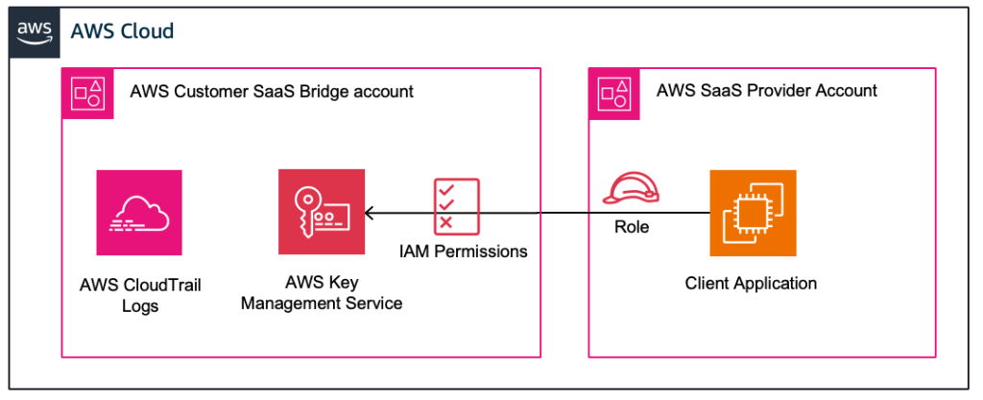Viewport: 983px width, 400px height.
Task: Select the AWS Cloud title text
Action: tap(122, 31)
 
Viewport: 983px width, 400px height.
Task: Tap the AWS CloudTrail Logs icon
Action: tap(139, 212)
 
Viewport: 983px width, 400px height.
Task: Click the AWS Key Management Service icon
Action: tap(322, 212)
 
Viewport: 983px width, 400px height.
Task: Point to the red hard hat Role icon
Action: tap(631, 192)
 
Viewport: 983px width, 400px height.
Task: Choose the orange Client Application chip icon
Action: tap(753, 213)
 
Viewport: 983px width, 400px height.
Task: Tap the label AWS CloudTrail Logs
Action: tap(139, 295)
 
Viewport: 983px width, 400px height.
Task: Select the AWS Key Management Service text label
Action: tap(322, 293)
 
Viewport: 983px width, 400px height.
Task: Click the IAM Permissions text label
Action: tap(464, 251)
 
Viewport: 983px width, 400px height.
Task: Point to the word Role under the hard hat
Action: tap(631, 227)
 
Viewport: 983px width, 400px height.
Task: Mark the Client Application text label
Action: tap(751, 283)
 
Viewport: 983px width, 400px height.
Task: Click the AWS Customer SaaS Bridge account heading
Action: tap(272, 92)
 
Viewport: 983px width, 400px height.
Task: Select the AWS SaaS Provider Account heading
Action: tap(766, 91)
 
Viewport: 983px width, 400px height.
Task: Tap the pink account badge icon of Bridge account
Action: tap(85, 92)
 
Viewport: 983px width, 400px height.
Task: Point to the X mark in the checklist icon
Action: tap(445, 223)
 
